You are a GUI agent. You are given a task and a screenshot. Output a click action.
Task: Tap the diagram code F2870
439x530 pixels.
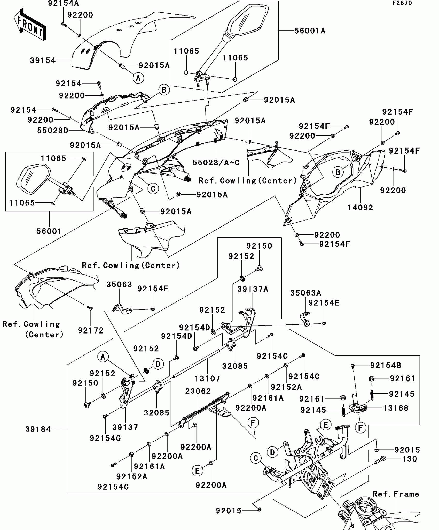pyautogui.click(x=402, y=3)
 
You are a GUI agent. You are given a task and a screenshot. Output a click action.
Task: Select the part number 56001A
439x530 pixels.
pyautogui.click(x=310, y=31)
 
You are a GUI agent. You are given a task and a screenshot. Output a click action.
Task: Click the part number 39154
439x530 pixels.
pyautogui.click(x=43, y=60)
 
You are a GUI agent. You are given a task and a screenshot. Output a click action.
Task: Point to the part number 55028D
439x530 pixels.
pyautogui.click(x=53, y=131)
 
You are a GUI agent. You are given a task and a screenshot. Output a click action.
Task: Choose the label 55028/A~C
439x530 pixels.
pyautogui.click(x=216, y=163)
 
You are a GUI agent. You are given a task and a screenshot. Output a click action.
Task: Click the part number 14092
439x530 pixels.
pyautogui.click(x=360, y=207)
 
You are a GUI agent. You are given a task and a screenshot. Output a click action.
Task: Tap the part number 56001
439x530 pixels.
pyautogui.click(x=49, y=231)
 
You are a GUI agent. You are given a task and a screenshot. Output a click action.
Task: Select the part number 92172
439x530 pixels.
pyautogui.click(x=91, y=330)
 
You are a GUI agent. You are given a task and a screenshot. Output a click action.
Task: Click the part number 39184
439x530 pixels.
pyautogui.click(x=38, y=429)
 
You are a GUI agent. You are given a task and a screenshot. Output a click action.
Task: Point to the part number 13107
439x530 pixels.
pyautogui.click(x=207, y=379)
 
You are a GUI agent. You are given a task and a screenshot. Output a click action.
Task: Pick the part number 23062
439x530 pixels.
pyautogui.click(x=198, y=391)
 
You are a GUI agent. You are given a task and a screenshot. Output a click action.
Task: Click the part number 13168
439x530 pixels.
pyautogui.click(x=395, y=408)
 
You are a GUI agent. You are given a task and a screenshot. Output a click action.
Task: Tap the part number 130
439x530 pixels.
pyautogui.click(x=410, y=459)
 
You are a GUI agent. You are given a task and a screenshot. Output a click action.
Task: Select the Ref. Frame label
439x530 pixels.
pyautogui.click(x=395, y=494)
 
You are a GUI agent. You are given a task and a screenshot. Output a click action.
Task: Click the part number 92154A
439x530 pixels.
pyautogui.click(x=63, y=3)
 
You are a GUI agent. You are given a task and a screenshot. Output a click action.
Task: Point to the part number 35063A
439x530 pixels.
pyautogui.click(x=305, y=293)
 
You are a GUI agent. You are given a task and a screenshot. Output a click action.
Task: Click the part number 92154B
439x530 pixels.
pyautogui.click(x=386, y=365)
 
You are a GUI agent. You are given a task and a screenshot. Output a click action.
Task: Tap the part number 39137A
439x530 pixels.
pyautogui.click(x=253, y=289)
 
